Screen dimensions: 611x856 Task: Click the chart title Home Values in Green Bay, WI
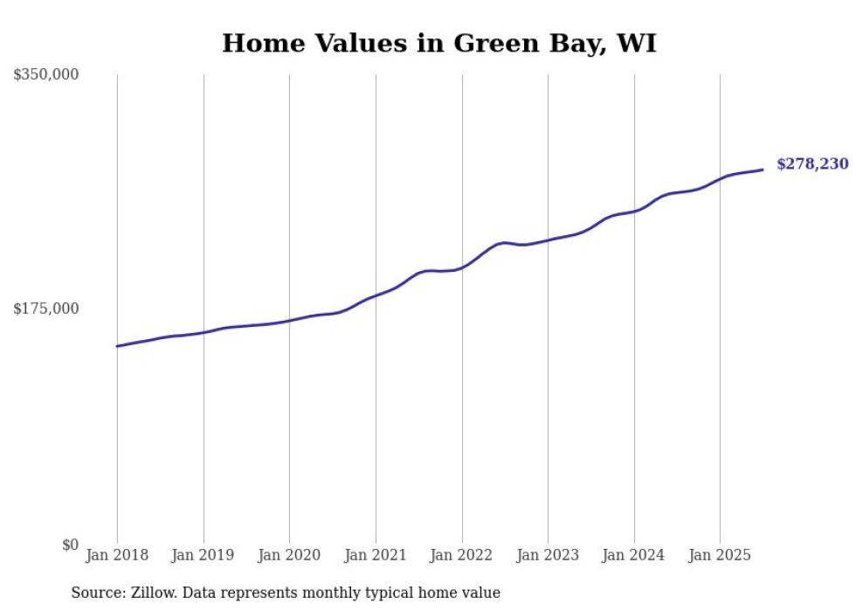tap(438, 43)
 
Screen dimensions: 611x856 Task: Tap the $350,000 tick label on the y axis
tap(45, 75)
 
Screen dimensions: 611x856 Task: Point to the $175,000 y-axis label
tap(45, 309)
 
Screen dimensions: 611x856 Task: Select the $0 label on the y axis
tap(70, 545)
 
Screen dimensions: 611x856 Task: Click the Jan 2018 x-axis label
tap(117, 555)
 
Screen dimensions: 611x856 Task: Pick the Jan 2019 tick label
tap(203, 555)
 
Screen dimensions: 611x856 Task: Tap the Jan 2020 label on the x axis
tap(289, 555)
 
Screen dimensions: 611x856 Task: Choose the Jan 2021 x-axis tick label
tap(376, 555)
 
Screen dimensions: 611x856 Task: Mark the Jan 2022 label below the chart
tap(461, 555)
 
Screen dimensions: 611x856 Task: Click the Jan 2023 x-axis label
tap(548, 555)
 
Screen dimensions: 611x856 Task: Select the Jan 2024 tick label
tap(633, 555)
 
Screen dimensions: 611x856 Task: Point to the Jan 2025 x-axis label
tap(720, 555)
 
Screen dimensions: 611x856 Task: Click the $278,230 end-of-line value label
tap(812, 163)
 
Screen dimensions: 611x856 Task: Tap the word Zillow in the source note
tap(150, 593)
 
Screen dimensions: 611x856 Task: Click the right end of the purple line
tap(763, 170)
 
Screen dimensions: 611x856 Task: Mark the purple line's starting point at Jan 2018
tap(117, 346)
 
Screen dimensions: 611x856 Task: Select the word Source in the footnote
tap(96, 593)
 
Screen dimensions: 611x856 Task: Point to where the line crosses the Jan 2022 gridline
tap(462, 267)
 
